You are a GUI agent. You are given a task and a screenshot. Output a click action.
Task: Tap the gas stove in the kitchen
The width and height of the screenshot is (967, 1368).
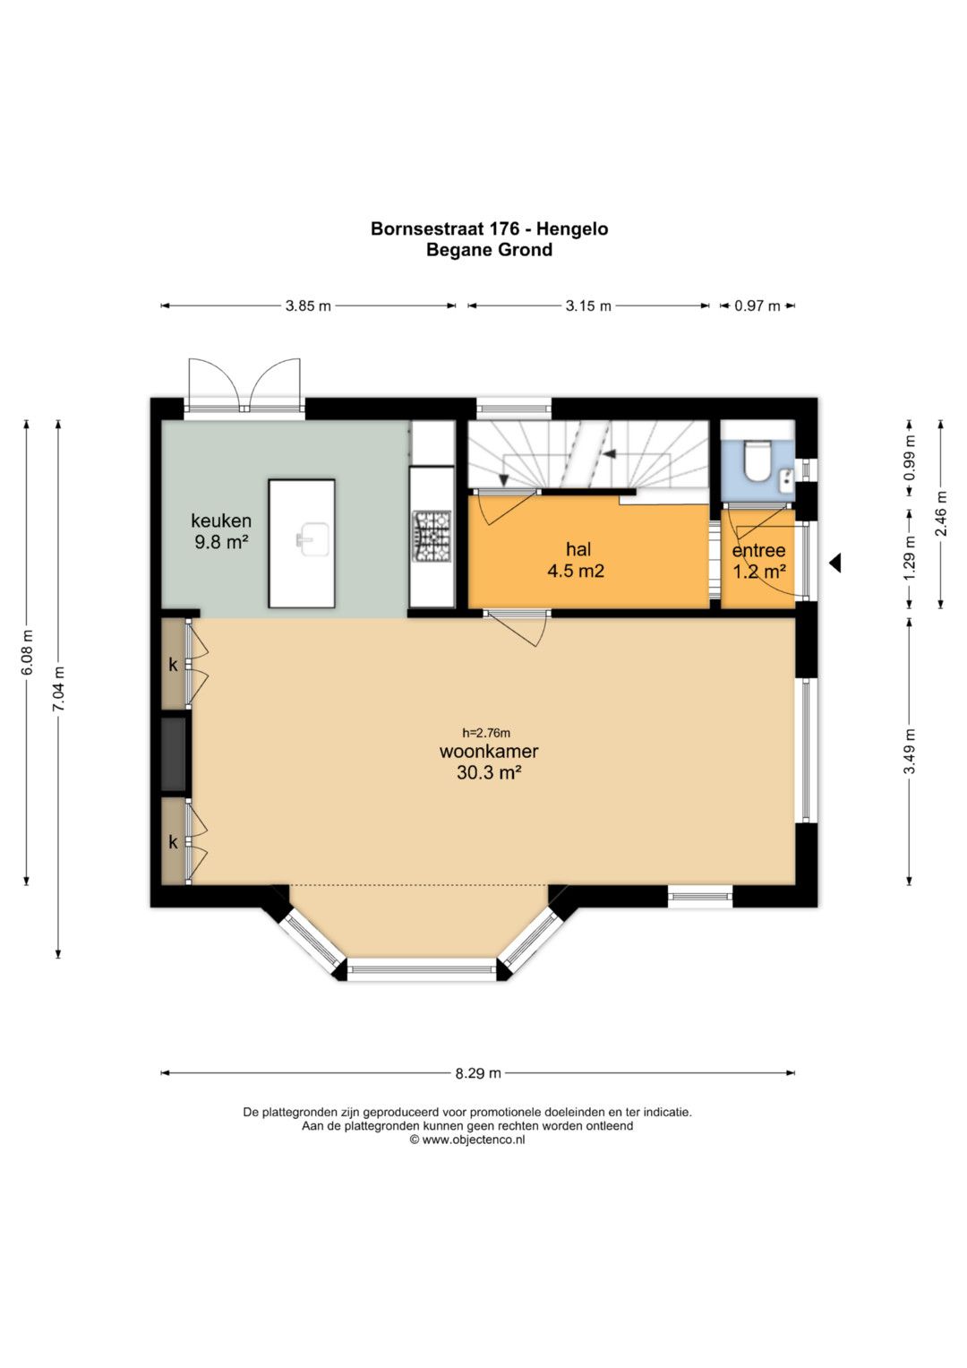tap(432, 537)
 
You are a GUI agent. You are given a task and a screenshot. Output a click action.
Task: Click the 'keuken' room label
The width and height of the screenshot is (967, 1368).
tap(221, 521)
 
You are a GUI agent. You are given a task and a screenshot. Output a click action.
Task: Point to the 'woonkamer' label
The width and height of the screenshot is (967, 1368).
tap(489, 751)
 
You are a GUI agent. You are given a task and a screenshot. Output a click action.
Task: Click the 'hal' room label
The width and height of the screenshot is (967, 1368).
tap(578, 549)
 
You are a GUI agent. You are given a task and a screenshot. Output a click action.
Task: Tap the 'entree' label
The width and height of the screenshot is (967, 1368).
tap(758, 550)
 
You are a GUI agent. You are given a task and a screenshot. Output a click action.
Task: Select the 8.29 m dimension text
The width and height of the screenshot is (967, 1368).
tap(478, 1072)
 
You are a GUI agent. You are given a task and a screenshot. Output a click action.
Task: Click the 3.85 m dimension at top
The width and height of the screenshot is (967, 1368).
tap(308, 305)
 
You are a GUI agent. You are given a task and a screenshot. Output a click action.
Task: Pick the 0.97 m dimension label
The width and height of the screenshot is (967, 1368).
tap(757, 305)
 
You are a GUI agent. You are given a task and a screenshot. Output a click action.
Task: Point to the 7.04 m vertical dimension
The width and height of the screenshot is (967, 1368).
tap(58, 689)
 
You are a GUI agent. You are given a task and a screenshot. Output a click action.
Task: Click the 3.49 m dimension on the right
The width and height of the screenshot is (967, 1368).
tap(910, 751)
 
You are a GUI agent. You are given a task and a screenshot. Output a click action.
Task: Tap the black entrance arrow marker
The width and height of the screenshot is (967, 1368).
tap(834, 563)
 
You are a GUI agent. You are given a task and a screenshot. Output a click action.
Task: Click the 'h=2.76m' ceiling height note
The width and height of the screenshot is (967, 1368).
tap(486, 733)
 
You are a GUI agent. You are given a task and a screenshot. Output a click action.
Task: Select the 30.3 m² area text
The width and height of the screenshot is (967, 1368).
tap(488, 772)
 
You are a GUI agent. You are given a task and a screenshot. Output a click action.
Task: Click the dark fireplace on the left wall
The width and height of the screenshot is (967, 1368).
tap(174, 753)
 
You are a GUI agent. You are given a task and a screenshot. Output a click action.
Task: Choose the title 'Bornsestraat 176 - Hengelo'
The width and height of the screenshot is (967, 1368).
tap(489, 229)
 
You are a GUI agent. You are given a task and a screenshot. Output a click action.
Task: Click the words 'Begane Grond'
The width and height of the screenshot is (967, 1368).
tap(489, 250)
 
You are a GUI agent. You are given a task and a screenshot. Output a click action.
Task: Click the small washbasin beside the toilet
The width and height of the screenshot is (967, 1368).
tap(786, 479)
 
